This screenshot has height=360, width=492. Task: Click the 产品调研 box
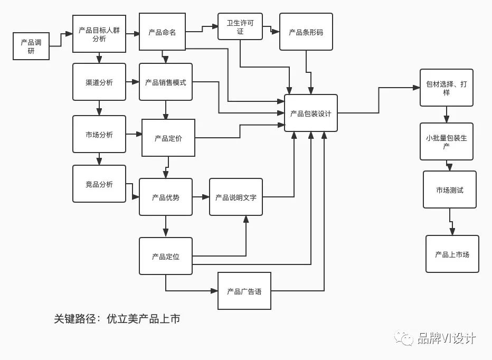coord(31,46)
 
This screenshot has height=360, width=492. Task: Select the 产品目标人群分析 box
coord(99,34)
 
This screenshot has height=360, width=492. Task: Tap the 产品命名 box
coord(163,32)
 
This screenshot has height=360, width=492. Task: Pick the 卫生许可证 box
coord(240,26)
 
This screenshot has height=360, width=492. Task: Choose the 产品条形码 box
coord(306,32)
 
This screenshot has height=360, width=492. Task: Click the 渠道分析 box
coord(99,82)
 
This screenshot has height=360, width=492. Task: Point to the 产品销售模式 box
coord(166,82)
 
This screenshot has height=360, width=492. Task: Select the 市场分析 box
coord(99,134)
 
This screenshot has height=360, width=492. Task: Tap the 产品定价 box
coord(168,138)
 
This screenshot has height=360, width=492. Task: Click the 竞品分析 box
coord(99,184)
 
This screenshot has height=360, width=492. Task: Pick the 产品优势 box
coord(166,197)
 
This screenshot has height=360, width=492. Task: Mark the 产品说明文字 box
coord(236,197)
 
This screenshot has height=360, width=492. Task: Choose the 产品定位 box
coord(166,256)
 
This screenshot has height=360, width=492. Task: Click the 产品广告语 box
coord(244,291)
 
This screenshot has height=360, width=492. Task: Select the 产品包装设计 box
coord(311,113)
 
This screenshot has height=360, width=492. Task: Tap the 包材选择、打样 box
coord(447,88)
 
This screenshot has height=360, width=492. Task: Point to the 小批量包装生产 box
coord(447,141)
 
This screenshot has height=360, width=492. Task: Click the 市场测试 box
coord(450,190)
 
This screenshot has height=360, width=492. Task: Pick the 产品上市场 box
coord(452,254)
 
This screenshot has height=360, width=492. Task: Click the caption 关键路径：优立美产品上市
coord(117,319)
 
